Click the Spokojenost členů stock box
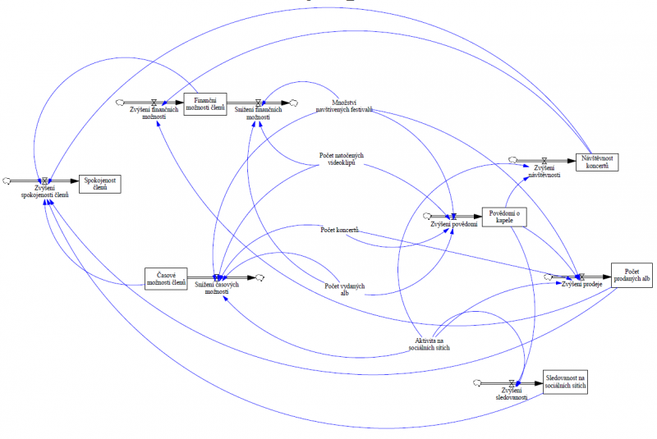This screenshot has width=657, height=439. coord(99,183)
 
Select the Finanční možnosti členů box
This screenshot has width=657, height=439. coord(204,104)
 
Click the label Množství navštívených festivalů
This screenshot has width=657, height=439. coord(346,105)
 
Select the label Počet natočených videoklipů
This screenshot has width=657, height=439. coord(342,158)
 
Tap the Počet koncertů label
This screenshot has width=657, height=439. coord(340,230)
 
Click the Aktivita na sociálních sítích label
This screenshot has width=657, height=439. coord(431,344)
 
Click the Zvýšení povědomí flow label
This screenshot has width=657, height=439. coord(453,225)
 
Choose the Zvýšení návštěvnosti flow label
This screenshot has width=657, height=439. coord(542,171)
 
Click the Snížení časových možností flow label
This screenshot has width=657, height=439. coord(217,288)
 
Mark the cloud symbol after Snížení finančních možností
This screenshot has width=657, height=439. coord(293,102)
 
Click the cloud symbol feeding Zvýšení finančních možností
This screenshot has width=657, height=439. coord(120,102)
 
